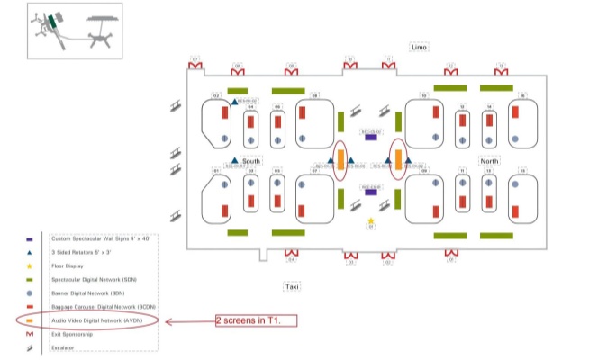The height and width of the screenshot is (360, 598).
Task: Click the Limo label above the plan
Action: pos(419,47)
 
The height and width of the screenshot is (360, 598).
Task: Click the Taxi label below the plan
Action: pos(292,286)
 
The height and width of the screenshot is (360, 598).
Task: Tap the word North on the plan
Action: pos(490,161)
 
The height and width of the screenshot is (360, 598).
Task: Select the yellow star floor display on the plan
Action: pos(370,220)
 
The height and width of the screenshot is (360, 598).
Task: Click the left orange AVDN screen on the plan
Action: pos(340,160)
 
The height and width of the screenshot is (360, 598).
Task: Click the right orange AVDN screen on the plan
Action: pos(398,159)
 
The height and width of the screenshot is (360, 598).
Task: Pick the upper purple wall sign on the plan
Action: pos(370,137)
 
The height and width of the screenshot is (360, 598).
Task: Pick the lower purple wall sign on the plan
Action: pos(370,192)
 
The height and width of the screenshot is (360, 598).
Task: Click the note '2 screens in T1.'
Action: pos(256,320)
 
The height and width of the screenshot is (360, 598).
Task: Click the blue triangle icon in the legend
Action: pos(31,254)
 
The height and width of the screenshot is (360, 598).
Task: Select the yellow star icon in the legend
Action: pos(31,267)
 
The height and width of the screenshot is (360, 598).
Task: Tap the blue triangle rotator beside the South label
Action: pos(234,160)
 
